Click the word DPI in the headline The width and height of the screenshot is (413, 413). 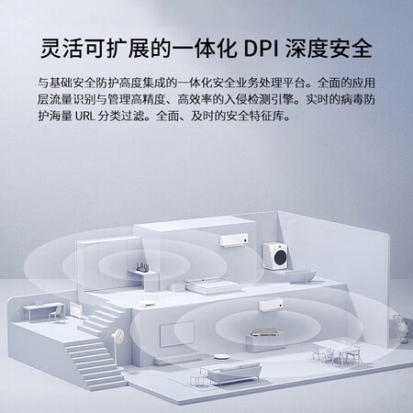tap(261, 49)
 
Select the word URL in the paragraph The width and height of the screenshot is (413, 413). tap(84, 116)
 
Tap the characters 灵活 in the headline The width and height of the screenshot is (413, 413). tap(61, 49)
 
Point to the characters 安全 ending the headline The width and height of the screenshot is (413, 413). tap(351, 49)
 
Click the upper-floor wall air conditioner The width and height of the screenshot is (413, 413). tap(234, 240)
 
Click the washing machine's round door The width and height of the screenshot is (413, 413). tap(281, 258)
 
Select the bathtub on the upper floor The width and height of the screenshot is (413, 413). tap(300, 275)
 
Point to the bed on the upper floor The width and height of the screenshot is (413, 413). tap(212, 285)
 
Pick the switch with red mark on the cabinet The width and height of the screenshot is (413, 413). tap(263, 332)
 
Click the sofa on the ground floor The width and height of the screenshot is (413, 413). tap(231, 374)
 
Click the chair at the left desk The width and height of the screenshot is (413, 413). tap(57, 313)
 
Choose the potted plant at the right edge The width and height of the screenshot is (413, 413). tap(401, 329)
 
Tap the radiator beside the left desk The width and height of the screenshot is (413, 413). tap(75, 310)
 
